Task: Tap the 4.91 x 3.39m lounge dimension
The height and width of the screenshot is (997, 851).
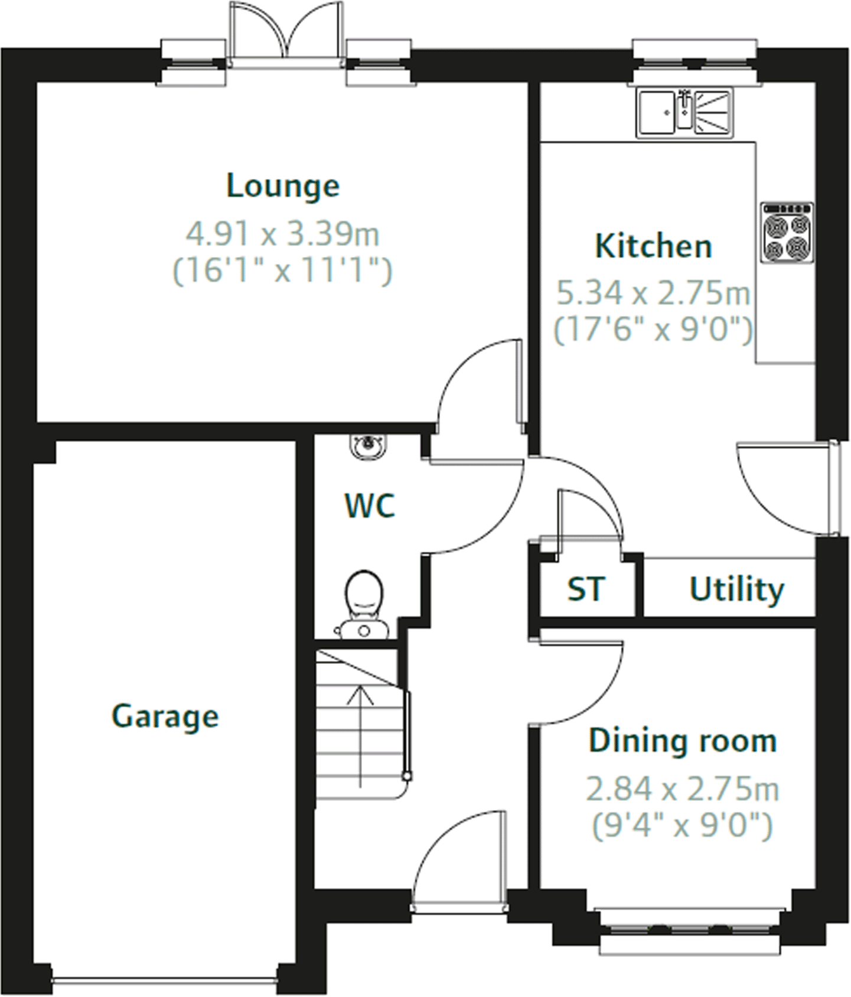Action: coord(282,234)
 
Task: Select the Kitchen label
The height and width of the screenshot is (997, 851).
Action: coord(653,246)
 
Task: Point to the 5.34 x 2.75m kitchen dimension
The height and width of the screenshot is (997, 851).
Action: coord(653,293)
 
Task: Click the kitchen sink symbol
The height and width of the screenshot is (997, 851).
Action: coord(684,112)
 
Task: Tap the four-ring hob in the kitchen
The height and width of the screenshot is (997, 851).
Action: coord(787,233)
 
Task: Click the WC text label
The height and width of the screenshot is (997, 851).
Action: coord(370,506)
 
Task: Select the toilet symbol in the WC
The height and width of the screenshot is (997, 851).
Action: coord(364,602)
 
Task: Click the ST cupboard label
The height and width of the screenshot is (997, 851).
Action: coord(586,589)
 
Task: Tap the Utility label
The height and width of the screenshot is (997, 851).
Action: coord(736,589)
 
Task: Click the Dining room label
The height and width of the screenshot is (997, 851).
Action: coord(682,741)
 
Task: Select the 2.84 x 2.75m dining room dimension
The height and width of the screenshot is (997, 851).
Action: coord(682,789)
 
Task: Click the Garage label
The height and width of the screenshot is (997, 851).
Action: coord(165,716)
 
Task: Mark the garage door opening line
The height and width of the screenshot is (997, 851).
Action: coord(165,980)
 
